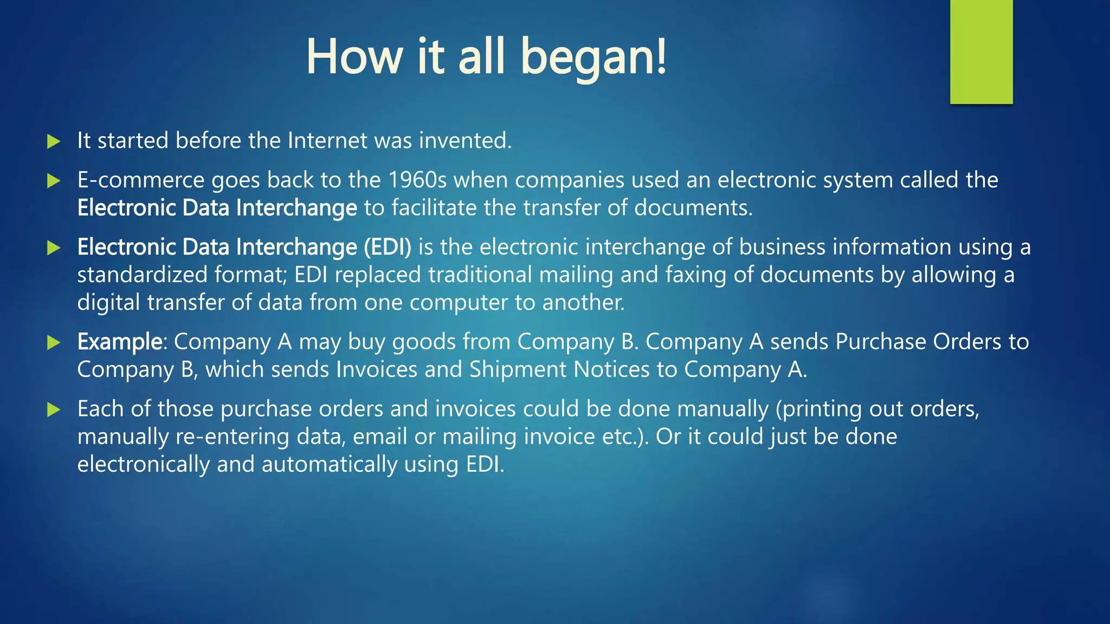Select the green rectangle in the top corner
click(981, 51)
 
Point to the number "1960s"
click(417, 180)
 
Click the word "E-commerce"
click(140, 180)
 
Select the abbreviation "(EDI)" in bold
click(387, 247)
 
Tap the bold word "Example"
click(120, 342)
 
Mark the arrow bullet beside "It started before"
click(53, 141)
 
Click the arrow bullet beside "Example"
click(53, 342)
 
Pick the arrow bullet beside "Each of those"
click(53, 409)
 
